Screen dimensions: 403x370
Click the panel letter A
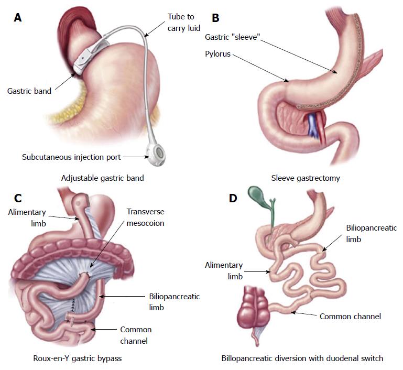18,18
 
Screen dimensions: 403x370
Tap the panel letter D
233,198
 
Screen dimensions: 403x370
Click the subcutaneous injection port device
156,155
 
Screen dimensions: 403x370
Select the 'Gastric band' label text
29,91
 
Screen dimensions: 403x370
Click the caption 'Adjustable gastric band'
103,178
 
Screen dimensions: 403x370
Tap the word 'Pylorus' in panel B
217,54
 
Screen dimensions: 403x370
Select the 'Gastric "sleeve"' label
233,37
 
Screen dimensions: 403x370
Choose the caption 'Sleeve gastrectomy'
306,178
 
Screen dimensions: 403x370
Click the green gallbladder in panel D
257,195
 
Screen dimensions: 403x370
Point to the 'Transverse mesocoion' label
146,217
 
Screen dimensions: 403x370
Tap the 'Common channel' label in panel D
350,317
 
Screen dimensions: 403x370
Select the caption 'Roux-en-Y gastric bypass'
78,358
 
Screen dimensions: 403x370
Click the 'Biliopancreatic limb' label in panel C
175,302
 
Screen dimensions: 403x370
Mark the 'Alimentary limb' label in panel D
224,270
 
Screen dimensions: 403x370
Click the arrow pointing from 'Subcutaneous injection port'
136,157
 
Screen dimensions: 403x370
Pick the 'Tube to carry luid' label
184,23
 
